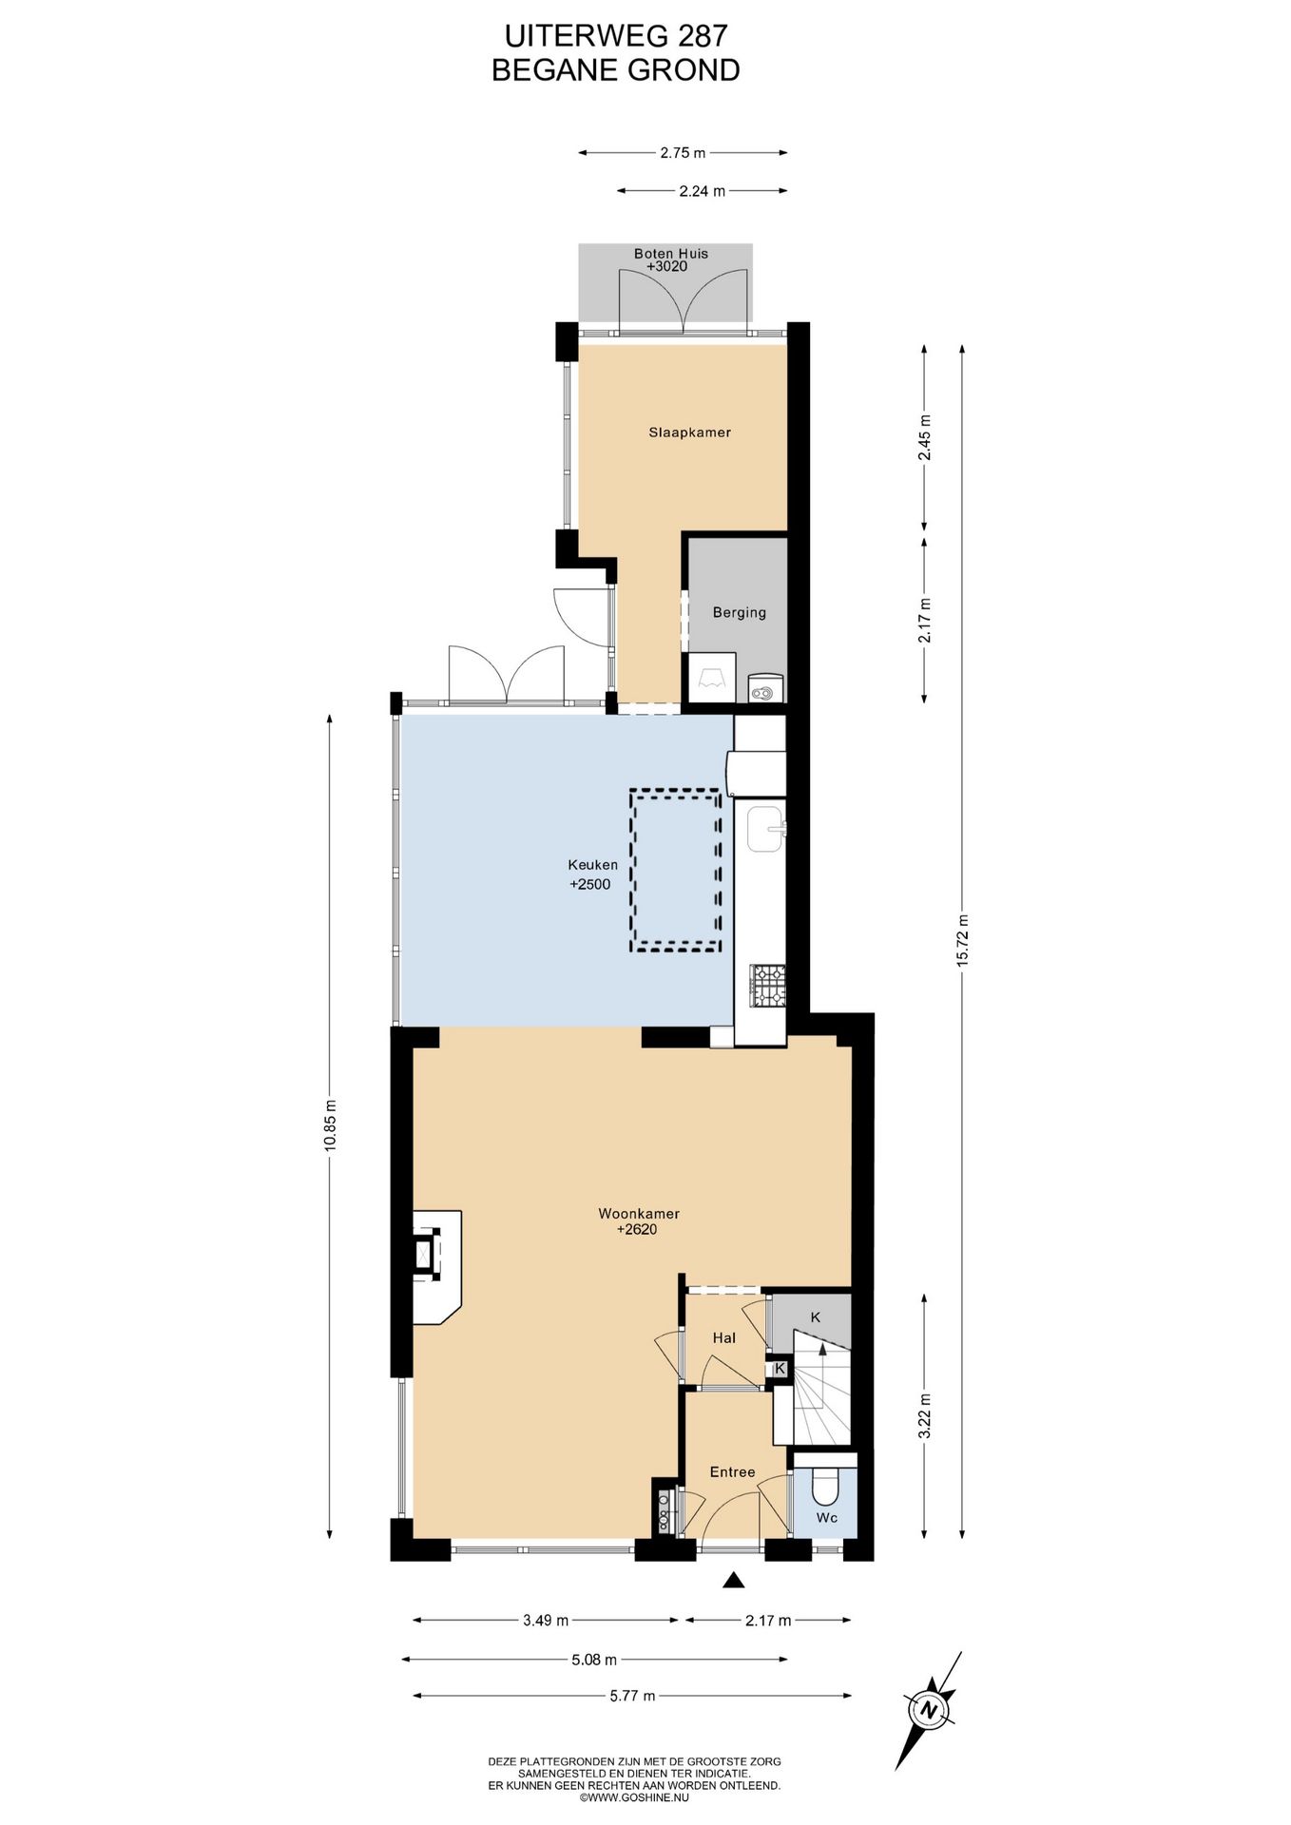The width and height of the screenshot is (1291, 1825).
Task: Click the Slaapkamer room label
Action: pos(689,432)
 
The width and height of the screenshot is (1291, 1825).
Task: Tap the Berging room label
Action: pos(739,612)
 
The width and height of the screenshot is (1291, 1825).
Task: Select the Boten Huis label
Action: pos(671,254)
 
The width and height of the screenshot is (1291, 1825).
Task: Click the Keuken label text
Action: pos(592,865)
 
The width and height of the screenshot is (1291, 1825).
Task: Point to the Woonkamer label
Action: pos(638,1214)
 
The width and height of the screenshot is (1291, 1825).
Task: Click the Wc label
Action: pos(826,1518)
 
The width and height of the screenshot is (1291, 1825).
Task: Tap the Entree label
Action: pos(732,1472)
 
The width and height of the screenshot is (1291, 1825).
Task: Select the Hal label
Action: pos(723,1338)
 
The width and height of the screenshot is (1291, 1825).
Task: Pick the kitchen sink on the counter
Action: pos(764,830)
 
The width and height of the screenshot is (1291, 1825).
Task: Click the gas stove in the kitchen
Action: pos(768,985)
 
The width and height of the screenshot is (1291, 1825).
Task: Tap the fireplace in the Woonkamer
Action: pos(436,1267)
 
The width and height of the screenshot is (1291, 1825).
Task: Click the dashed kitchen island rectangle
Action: pos(675,871)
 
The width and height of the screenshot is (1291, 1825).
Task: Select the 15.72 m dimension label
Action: pos(962,941)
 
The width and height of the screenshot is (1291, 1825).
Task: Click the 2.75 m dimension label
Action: pos(684,152)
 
